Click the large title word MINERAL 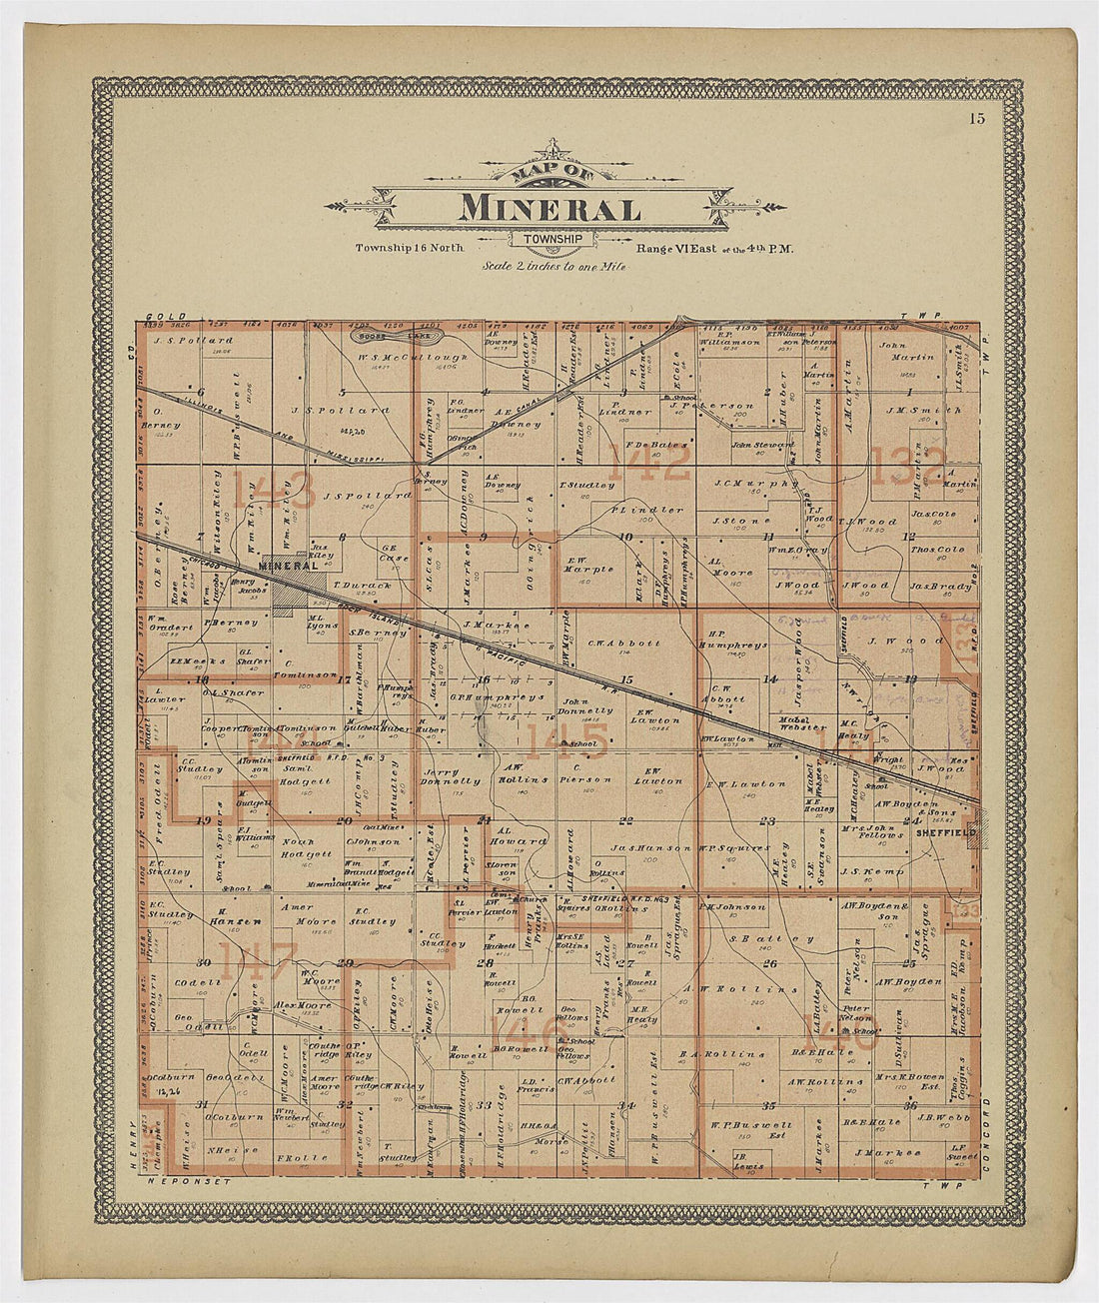pos(549,209)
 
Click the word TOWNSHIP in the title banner pos(552,238)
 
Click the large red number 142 pos(646,464)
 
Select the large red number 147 pos(258,961)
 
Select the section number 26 pos(769,963)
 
